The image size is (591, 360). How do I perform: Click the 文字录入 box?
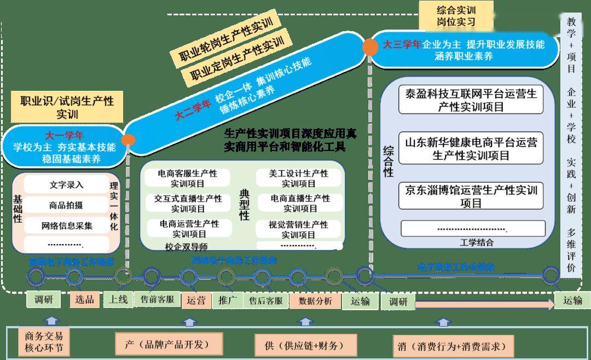pos(66,184)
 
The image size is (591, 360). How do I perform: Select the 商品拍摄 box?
pos(66,205)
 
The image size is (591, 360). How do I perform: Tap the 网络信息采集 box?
pos(66,225)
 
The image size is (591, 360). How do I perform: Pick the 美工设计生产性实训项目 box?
pos(299,178)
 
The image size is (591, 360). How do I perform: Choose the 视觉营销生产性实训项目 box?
pos(299,229)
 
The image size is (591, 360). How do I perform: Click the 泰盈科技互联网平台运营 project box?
pos(471,100)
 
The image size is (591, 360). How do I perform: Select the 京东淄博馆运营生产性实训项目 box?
pos(471,196)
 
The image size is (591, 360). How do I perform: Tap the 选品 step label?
pos(85,299)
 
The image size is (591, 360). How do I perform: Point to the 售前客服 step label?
pos(157,300)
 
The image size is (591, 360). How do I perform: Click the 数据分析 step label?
pos(315,300)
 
